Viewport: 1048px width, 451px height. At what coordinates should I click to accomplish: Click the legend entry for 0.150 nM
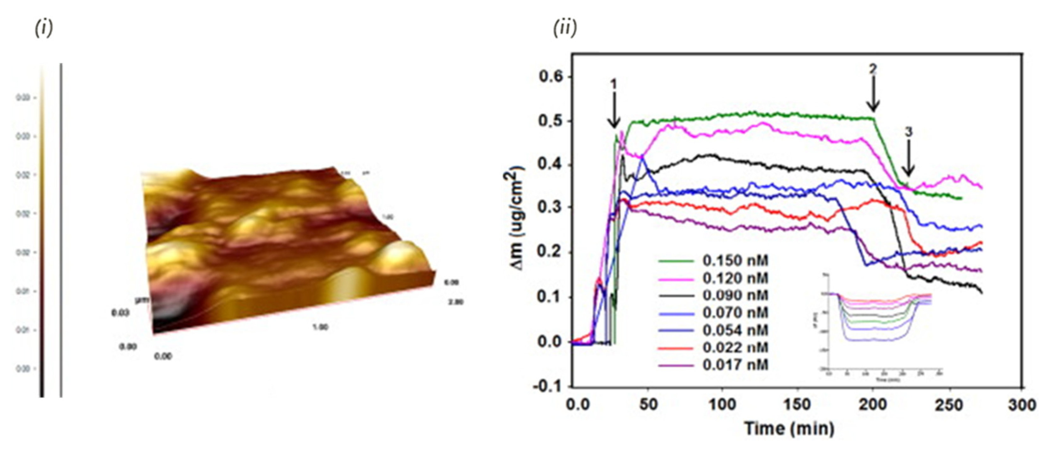pyautogui.click(x=735, y=261)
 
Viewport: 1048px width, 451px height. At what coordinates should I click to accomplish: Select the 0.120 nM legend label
pyautogui.click(x=735, y=278)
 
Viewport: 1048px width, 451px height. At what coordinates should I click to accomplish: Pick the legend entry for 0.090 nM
pyautogui.click(x=735, y=295)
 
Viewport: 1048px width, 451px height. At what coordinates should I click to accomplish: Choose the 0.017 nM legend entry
pyautogui.click(x=735, y=365)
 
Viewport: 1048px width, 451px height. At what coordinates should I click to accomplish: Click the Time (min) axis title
pyautogui.click(x=789, y=429)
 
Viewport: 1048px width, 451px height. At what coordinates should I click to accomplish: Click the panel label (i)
pyautogui.click(x=44, y=29)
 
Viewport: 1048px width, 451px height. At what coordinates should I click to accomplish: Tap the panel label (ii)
pyautogui.click(x=565, y=29)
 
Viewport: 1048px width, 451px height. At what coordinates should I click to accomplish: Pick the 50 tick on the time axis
pyautogui.click(x=648, y=405)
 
